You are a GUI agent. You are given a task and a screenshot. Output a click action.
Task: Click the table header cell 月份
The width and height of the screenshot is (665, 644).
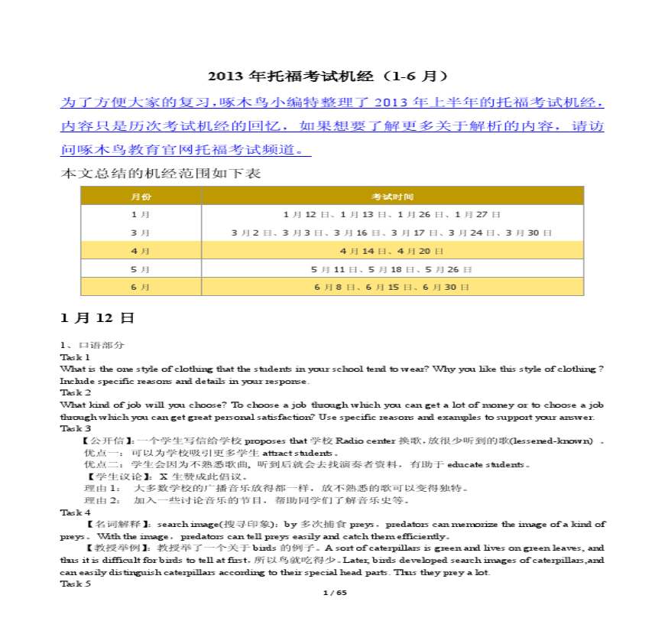141,197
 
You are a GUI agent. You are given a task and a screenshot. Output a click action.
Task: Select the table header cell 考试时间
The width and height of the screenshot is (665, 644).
392,197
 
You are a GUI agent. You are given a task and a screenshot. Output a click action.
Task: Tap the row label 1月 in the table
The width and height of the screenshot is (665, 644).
141,215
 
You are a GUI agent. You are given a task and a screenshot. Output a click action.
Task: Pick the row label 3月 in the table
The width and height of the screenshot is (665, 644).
141,233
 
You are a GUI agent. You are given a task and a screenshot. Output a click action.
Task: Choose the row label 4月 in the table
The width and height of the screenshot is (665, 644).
141,251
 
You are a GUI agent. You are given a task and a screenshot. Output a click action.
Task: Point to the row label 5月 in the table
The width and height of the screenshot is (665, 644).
141,269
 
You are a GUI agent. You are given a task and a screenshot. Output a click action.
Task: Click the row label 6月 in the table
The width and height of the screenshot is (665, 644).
141,287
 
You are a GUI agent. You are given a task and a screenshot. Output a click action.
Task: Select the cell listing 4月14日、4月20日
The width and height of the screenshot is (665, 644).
392,251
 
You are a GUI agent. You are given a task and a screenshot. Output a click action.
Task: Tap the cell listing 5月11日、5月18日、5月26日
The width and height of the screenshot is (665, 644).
392,269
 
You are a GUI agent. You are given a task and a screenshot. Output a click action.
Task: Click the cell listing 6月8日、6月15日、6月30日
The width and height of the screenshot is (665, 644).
392,287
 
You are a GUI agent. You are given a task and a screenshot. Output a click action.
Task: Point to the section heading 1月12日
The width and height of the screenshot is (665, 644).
97,317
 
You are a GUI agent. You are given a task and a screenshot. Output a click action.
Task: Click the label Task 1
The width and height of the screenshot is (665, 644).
76,357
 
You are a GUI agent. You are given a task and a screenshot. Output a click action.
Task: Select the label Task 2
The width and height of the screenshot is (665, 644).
76,392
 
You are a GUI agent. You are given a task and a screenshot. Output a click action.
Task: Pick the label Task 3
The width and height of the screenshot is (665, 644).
76,428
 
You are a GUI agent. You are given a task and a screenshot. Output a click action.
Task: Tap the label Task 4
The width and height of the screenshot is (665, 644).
76,512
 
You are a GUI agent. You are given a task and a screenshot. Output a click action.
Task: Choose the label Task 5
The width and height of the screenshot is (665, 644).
76,584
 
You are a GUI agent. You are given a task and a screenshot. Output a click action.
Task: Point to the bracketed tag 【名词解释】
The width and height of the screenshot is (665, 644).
110,524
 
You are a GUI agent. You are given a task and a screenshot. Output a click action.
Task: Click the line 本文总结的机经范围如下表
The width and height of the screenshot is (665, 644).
161,174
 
